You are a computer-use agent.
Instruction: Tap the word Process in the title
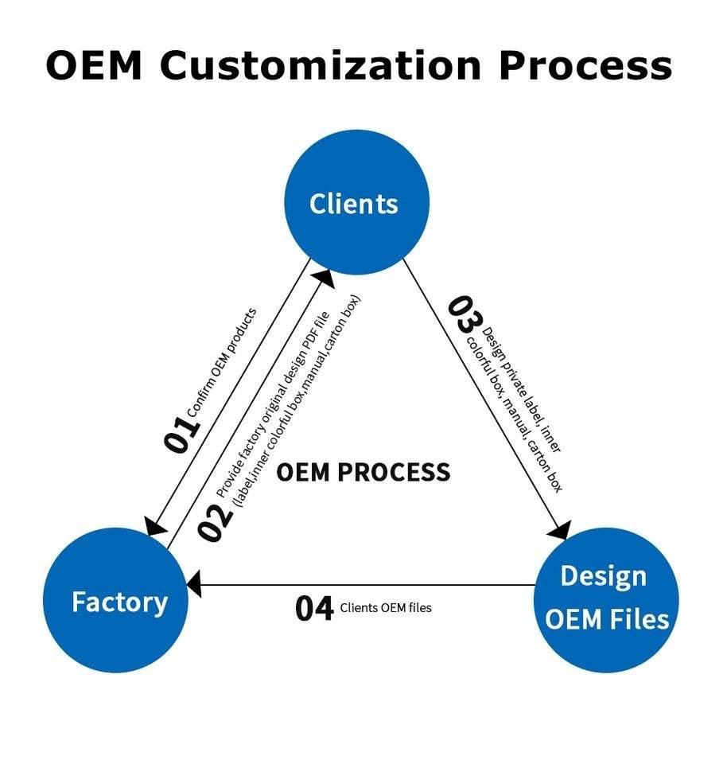585,65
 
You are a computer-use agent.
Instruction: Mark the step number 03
465,314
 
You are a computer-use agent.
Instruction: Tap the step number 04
314,609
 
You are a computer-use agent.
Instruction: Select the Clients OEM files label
386,608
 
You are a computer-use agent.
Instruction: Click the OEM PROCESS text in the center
363,472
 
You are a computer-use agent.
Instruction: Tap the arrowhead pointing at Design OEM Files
561,530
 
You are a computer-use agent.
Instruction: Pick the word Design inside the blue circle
604,575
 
